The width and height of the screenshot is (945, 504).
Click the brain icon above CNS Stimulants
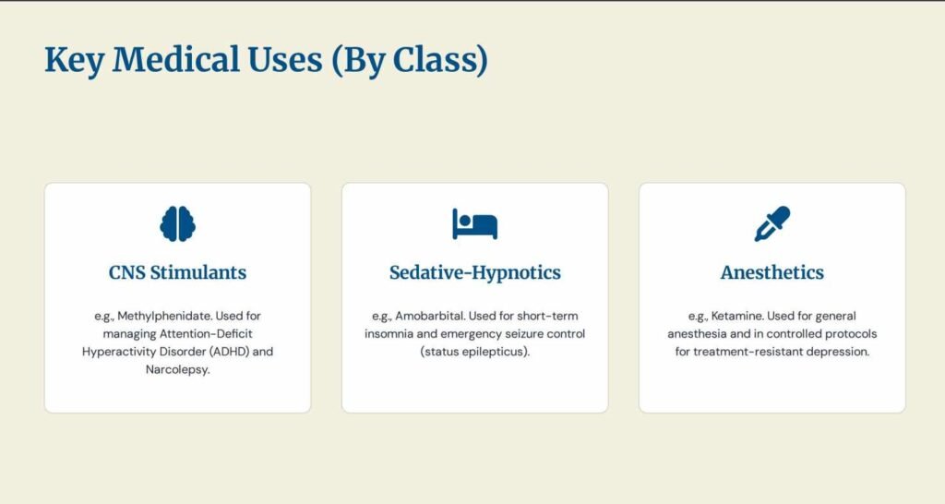point(177,223)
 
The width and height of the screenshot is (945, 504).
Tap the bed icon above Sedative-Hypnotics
point(474,223)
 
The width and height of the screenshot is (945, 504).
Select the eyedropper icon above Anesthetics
point(772,223)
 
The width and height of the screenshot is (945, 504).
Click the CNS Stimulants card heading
point(177,272)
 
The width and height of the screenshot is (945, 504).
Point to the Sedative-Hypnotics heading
point(474,272)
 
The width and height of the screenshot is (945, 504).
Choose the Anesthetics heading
point(772,272)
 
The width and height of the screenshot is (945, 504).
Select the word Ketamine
point(732,316)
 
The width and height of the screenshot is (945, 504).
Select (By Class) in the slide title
point(409,60)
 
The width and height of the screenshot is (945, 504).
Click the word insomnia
point(393,333)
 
